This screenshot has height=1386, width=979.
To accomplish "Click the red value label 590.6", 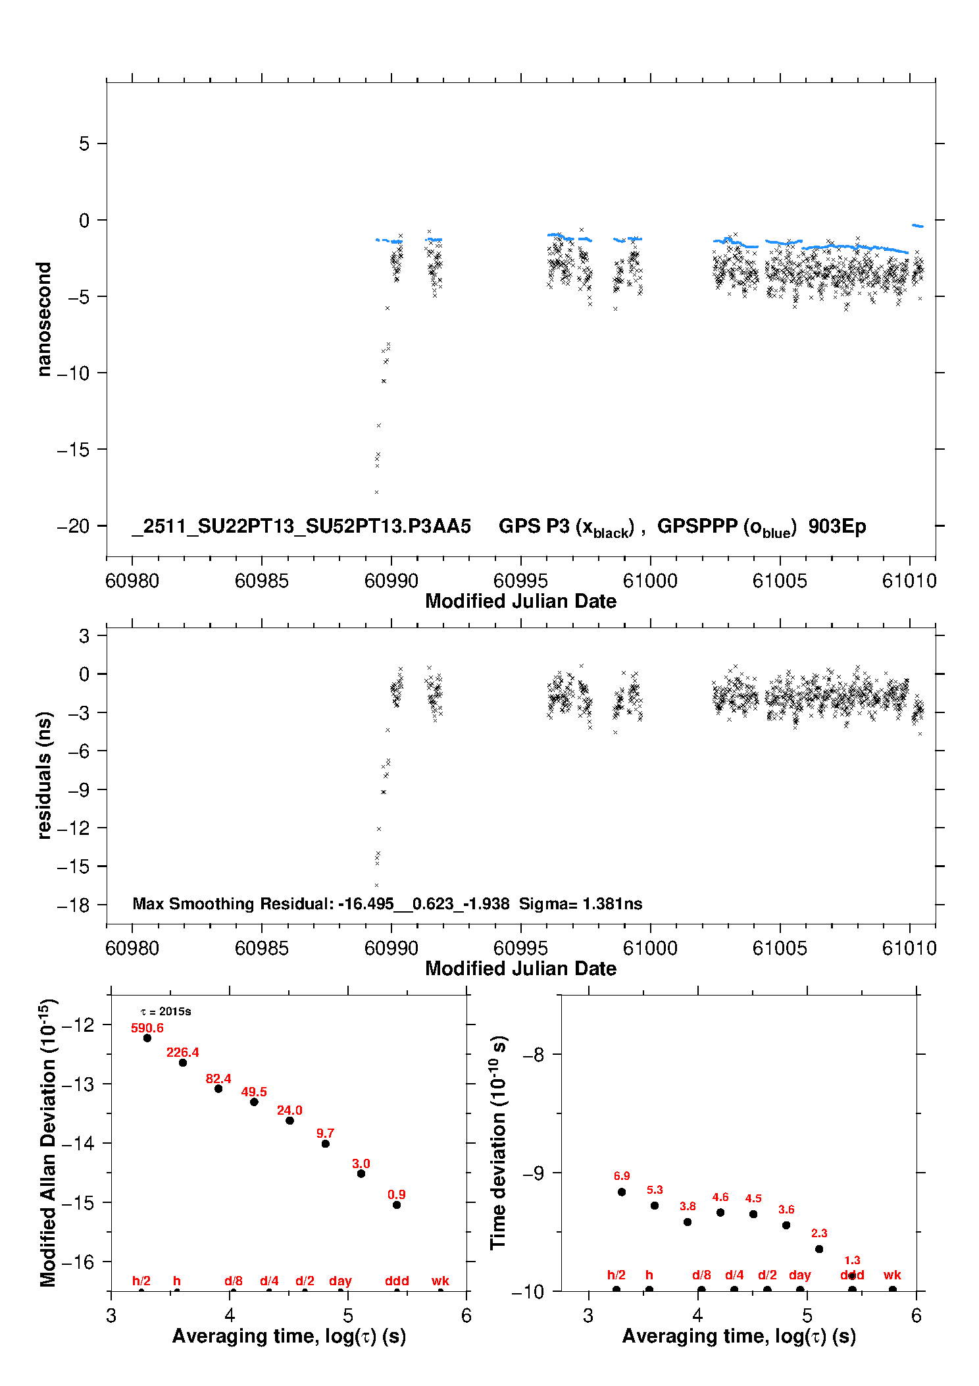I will tap(147, 1028).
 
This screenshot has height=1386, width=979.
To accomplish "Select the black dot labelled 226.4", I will tap(183, 1063).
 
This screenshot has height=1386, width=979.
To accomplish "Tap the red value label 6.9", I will tap(622, 1176).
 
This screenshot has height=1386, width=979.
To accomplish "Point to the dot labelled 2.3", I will tap(819, 1249).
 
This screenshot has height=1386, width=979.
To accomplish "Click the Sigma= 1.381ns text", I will tap(580, 903).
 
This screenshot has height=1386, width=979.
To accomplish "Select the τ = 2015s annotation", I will tap(166, 1011).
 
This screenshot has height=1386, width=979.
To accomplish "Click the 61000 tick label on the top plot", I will tap(650, 581).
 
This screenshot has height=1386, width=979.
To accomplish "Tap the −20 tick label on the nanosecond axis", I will tap(73, 526).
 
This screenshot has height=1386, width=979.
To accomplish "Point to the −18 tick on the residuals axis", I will tap(73, 905).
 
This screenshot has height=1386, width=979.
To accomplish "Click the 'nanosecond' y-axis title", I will tap(44, 319).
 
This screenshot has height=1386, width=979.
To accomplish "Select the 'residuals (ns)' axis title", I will tap(44, 775).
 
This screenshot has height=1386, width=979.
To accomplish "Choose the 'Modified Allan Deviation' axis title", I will tap(47, 1142).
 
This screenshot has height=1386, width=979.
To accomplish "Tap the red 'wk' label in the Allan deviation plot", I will tap(440, 1281).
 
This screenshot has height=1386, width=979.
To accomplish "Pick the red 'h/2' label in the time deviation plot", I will tap(616, 1275).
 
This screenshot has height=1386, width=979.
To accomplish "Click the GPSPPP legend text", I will tap(726, 527).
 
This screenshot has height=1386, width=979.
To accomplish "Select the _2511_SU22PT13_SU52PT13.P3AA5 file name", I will tap(301, 527).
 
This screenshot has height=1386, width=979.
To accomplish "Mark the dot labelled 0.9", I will tap(397, 1205).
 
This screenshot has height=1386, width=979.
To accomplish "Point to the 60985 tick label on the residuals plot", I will tap(262, 948).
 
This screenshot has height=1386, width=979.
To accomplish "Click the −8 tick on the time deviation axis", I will tap(534, 1055).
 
